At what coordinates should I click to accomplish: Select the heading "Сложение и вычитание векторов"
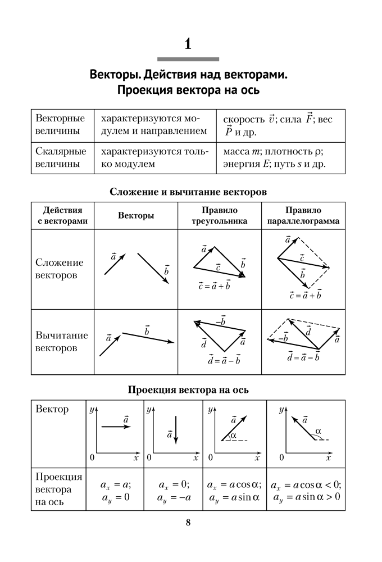tap(188, 192)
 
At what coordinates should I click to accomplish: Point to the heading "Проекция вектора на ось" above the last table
tap(188, 389)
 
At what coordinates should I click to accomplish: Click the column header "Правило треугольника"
tap(220, 216)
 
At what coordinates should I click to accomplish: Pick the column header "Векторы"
tap(136, 216)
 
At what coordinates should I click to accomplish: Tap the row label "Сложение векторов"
tap(59, 269)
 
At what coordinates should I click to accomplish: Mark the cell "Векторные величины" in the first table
tap(60, 125)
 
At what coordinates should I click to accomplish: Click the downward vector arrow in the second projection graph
tap(176, 430)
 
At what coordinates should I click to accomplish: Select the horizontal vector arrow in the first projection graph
tap(116, 427)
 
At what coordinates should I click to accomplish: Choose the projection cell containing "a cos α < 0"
tap(306, 491)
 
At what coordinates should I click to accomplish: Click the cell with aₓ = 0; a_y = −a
tap(173, 491)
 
